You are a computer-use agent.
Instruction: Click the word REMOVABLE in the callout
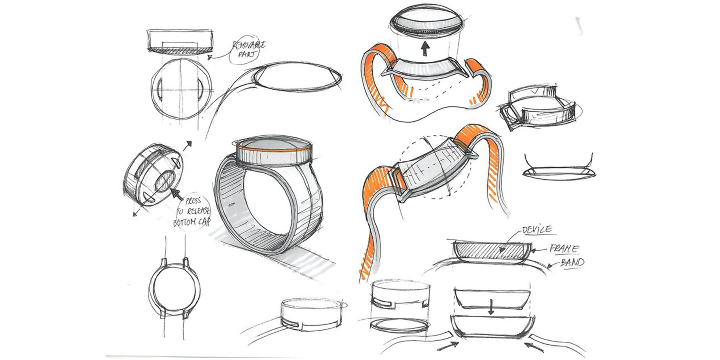click(249, 46)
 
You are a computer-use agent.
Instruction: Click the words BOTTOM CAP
click(192, 222)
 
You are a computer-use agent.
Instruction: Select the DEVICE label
click(537, 230)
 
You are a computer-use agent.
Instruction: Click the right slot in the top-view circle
click(200, 90)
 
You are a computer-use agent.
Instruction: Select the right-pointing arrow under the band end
click(448, 346)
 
